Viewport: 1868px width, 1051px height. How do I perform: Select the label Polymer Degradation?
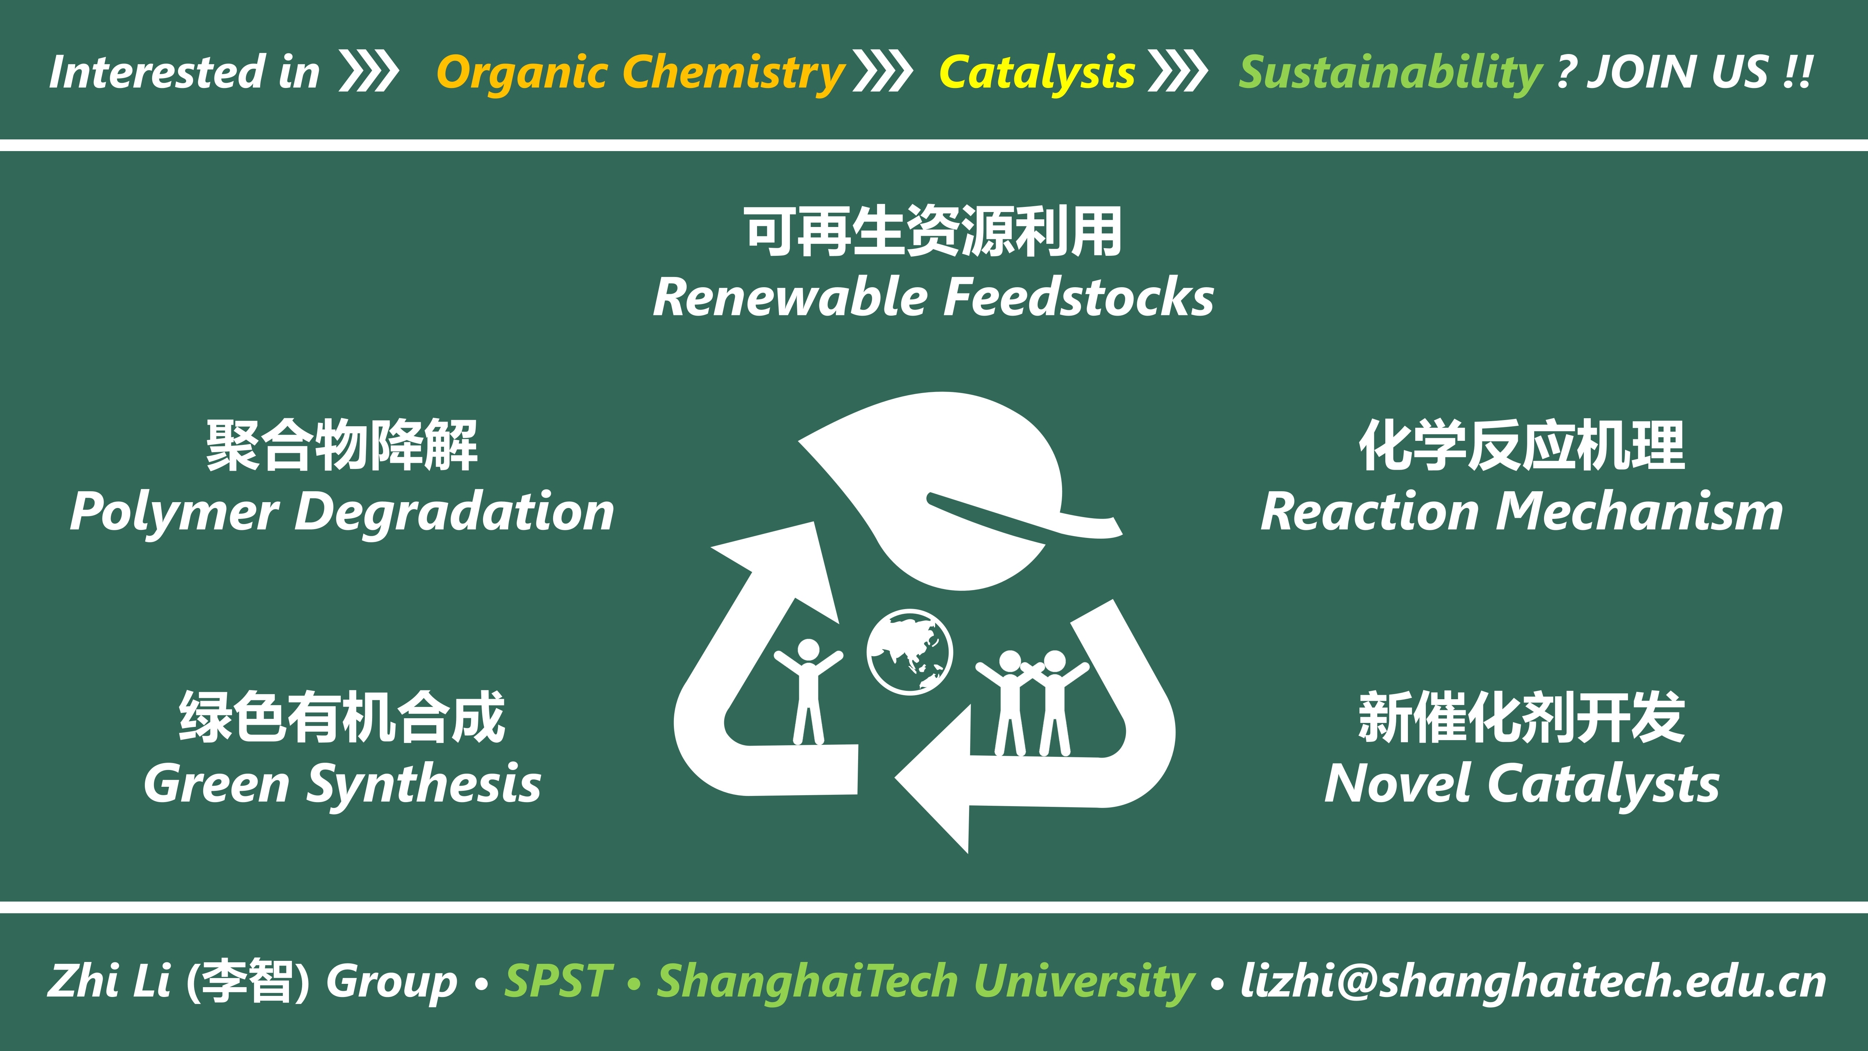(341, 512)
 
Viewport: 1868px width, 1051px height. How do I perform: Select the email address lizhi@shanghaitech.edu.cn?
(1533, 981)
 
